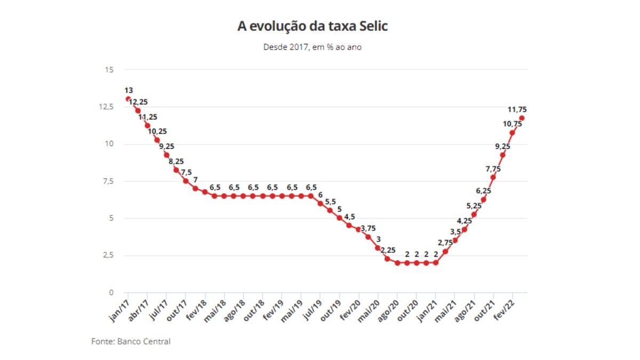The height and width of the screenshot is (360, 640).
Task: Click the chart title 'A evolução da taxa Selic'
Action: tap(312, 26)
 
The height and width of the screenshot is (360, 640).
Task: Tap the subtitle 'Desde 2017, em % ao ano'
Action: tap(313, 47)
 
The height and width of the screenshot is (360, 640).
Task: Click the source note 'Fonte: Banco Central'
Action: tap(131, 341)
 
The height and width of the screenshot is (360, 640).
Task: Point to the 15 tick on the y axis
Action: tap(109, 70)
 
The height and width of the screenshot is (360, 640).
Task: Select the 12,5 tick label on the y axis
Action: tap(106, 107)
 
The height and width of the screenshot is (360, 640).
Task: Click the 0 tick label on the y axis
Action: tap(111, 292)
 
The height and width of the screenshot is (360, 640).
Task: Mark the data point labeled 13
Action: tap(128, 99)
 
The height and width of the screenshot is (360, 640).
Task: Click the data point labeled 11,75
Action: tap(522, 118)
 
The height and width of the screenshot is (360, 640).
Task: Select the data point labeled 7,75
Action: tap(493, 177)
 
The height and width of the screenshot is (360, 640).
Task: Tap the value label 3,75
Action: tap(368, 228)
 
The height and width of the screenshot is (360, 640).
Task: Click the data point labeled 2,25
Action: tap(387, 259)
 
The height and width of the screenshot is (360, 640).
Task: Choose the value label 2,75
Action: tap(445, 243)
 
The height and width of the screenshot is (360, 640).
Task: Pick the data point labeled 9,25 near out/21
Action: tap(502, 155)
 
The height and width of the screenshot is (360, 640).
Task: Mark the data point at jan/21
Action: tap(436, 262)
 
